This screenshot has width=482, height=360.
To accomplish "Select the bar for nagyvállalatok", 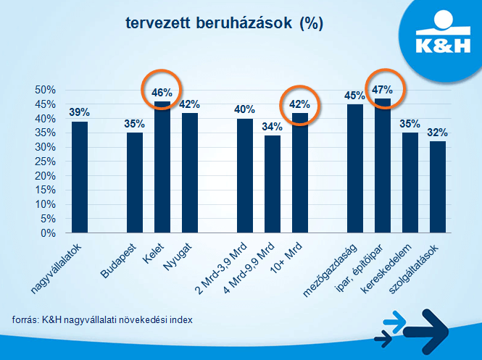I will click(x=80, y=177).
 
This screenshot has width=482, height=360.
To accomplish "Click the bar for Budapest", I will click(x=135, y=183).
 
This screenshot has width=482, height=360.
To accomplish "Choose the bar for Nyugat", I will click(x=190, y=173).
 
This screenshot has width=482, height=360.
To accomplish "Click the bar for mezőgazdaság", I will click(x=355, y=169).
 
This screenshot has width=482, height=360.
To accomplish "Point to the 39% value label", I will click(x=80, y=112).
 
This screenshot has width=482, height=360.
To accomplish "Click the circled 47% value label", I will click(x=382, y=90).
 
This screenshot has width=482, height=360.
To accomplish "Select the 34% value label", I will click(x=273, y=127).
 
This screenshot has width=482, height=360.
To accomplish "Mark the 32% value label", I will click(x=438, y=133).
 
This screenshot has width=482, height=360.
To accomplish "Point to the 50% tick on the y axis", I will click(x=46, y=90).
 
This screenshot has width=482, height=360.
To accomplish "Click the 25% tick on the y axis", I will click(x=46, y=162).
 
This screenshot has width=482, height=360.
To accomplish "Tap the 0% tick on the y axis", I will click(x=49, y=233).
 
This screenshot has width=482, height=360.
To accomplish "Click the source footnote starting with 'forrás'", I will click(x=102, y=319).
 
